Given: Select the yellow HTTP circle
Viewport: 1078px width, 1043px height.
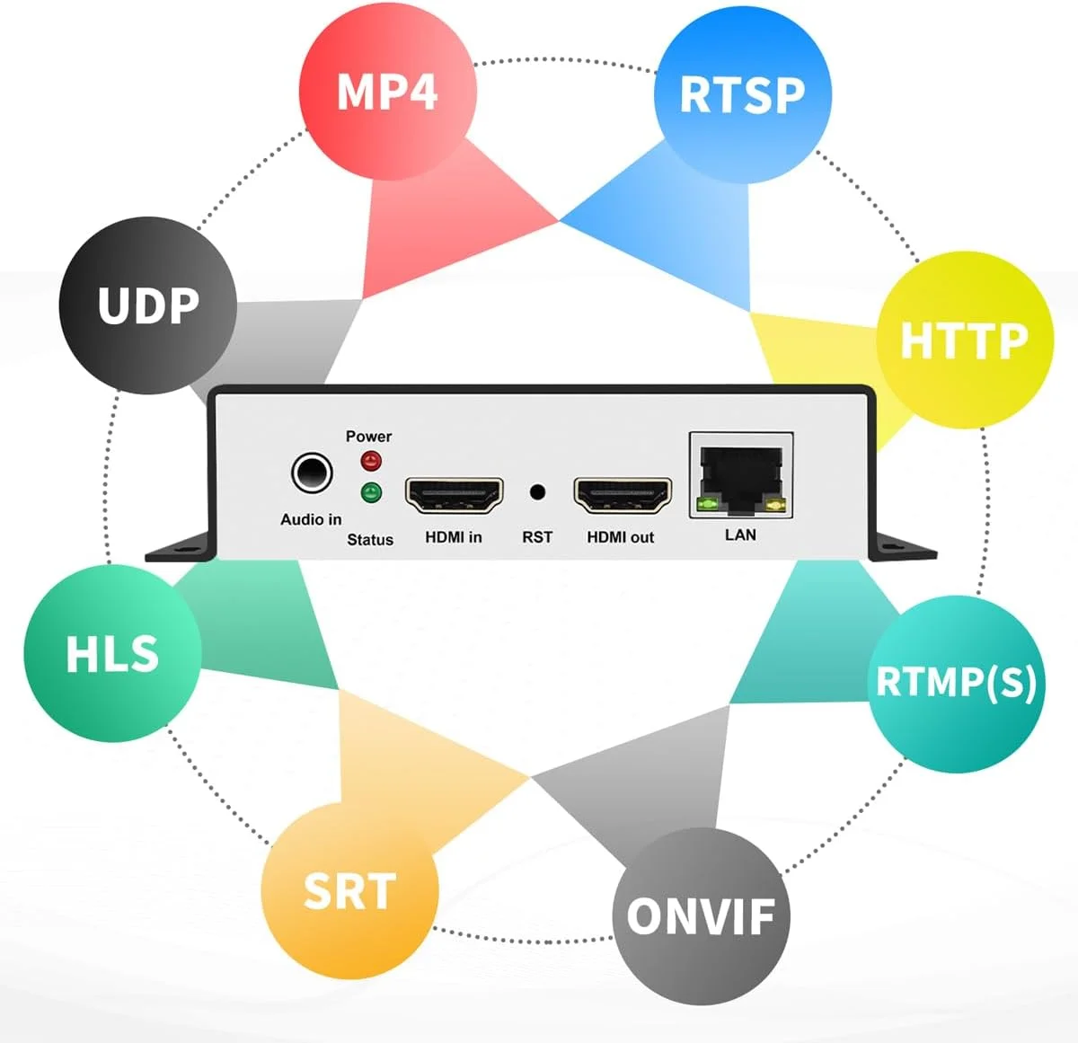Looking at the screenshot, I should click(964, 340).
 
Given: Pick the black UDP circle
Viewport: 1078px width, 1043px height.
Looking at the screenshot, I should click(148, 305).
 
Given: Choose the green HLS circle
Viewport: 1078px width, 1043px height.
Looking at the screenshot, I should click(112, 653).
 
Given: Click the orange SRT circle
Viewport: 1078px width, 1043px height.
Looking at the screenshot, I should click(349, 890).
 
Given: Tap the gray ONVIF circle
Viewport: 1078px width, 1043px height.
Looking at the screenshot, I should click(700, 916).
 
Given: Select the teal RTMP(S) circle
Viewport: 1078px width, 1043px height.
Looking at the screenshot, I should click(956, 683).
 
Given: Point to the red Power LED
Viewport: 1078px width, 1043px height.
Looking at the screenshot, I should click(370, 462).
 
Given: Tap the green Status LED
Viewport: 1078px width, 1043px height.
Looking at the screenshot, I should click(370, 492).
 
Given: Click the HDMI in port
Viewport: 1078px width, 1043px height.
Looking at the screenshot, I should click(454, 495).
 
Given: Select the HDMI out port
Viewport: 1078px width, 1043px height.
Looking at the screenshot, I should click(623, 495).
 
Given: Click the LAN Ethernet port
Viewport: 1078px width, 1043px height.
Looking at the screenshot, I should click(741, 475).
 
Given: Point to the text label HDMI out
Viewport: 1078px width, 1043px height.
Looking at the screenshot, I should click(620, 537).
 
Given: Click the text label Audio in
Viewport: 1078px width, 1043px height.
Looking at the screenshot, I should click(311, 519).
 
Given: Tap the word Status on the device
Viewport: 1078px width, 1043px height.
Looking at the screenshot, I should click(370, 540).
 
